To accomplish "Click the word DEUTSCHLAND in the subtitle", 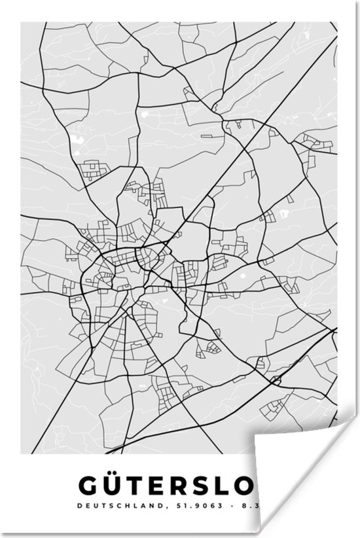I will pyautogui.click(x=109, y=506).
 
